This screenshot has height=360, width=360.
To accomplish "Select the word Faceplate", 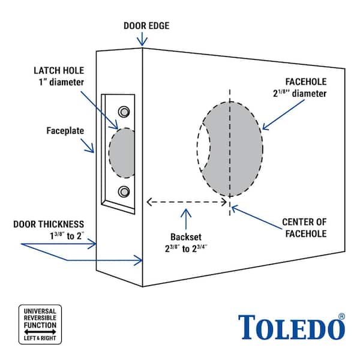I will click(x=66, y=130).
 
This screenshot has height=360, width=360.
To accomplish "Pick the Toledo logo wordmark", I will click(x=290, y=327).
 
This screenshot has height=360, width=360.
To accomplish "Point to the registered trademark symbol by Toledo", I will click(x=342, y=316).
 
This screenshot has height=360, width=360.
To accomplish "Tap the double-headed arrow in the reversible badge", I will click(x=40, y=331).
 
